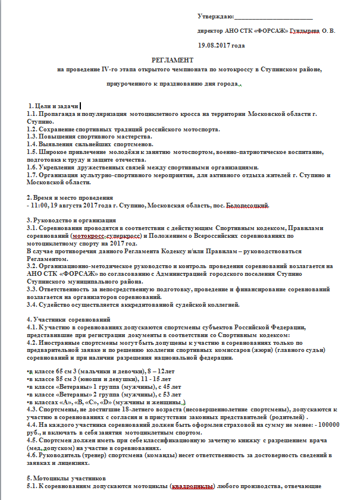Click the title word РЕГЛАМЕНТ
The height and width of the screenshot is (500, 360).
(x=173, y=60)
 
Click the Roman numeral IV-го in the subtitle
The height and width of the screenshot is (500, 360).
(x=111, y=70)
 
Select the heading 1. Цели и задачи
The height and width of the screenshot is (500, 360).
(x=53, y=105)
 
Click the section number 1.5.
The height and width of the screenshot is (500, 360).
(x=33, y=152)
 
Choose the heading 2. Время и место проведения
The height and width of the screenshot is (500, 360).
(x=71, y=198)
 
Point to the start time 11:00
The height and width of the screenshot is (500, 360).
(x=39, y=206)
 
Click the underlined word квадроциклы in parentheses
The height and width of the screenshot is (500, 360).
(x=192, y=486)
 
